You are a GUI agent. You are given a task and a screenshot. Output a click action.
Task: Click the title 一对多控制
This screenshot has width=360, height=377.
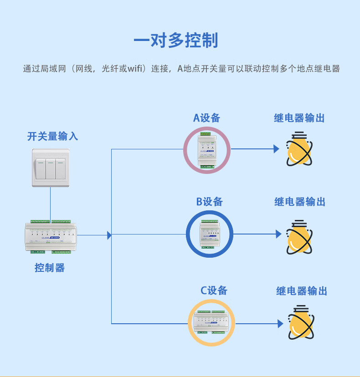(x=175, y=41)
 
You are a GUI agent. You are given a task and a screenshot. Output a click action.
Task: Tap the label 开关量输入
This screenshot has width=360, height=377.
(x=52, y=136)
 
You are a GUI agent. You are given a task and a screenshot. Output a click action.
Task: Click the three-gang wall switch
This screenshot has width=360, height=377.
(x=50, y=167)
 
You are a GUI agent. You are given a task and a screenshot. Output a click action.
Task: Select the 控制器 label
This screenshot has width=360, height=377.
(x=50, y=268)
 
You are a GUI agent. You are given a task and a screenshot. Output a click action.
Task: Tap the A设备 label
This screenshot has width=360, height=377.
(x=206, y=118)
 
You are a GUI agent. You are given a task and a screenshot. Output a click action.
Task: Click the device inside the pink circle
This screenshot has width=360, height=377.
(x=207, y=149)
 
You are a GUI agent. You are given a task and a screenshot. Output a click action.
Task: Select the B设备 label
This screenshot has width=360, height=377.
(x=210, y=202)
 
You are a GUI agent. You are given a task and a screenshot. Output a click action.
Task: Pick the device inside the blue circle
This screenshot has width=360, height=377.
(x=210, y=234)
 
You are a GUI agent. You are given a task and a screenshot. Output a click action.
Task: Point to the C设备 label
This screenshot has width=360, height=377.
(x=214, y=290)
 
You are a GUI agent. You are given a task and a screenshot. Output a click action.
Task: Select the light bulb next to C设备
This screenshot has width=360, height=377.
(x=301, y=322)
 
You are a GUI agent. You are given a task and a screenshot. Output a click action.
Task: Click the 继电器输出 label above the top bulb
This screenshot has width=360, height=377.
(x=299, y=118)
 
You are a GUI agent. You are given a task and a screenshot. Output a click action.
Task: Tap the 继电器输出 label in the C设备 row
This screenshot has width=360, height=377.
(x=302, y=291)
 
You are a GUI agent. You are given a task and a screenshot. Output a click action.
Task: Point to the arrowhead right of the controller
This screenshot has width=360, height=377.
(x=109, y=235)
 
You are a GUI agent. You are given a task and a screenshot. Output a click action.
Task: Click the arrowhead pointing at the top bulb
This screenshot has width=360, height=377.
(x=276, y=149)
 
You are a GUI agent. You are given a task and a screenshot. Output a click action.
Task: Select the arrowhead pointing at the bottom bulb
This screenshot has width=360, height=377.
(x=280, y=324)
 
